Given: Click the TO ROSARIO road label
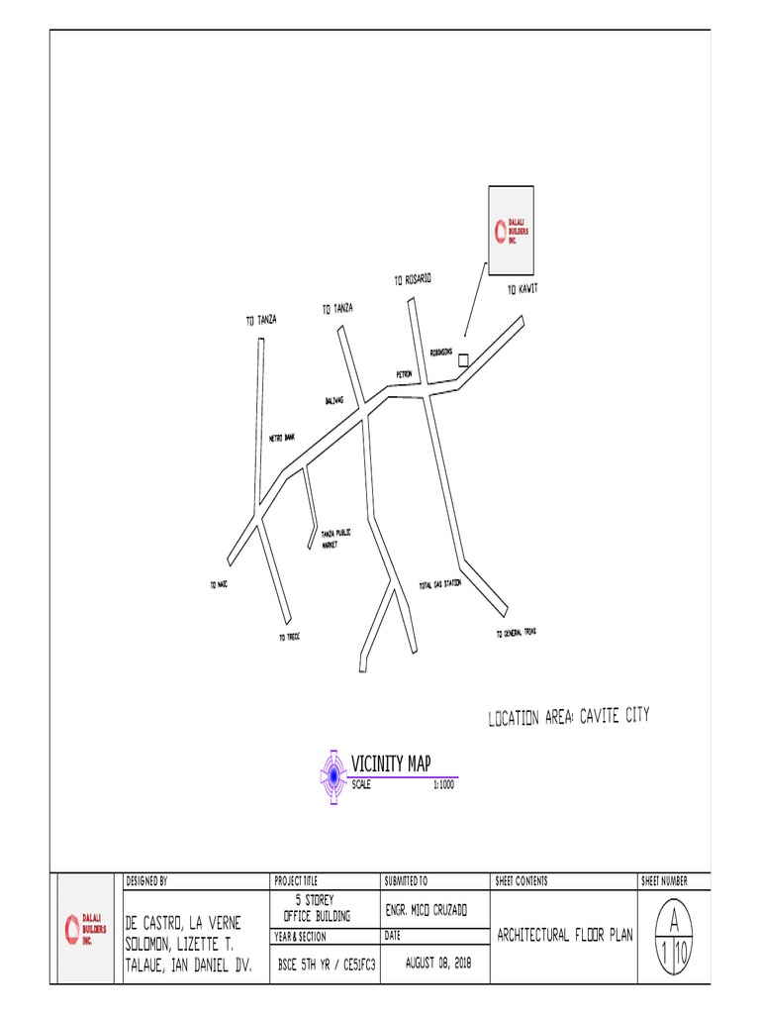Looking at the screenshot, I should click(413, 280).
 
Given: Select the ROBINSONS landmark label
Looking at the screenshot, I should click(441, 352).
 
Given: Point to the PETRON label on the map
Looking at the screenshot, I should click(404, 374).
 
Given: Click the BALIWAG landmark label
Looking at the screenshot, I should click(333, 401).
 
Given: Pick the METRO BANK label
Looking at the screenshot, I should click(282, 437).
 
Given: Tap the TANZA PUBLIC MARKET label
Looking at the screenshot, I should click(336, 539).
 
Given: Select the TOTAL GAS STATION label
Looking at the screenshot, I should click(439, 584).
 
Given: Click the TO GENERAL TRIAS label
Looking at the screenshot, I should click(516, 633).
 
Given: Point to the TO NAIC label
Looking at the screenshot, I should click(219, 585).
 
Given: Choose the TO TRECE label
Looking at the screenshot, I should click(288, 637).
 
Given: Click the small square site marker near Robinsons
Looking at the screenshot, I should click(463, 361).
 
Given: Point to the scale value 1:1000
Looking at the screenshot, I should click(443, 785).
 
